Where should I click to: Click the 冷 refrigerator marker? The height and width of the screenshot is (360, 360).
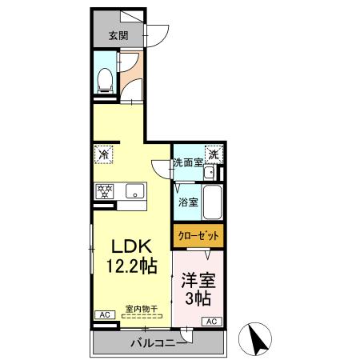click(x=103, y=153)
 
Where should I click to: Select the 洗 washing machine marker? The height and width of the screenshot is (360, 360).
click(x=213, y=154)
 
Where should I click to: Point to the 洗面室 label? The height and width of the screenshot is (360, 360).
click(x=188, y=163)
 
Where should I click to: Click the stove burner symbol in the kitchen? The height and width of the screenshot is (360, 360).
click(x=104, y=191)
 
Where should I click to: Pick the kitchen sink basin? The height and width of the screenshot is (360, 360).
click(x=134, y=191)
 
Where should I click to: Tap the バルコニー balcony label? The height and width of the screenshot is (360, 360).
click(x=158, y=343)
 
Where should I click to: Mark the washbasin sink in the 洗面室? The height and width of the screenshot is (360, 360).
click(x=208, y=173)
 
